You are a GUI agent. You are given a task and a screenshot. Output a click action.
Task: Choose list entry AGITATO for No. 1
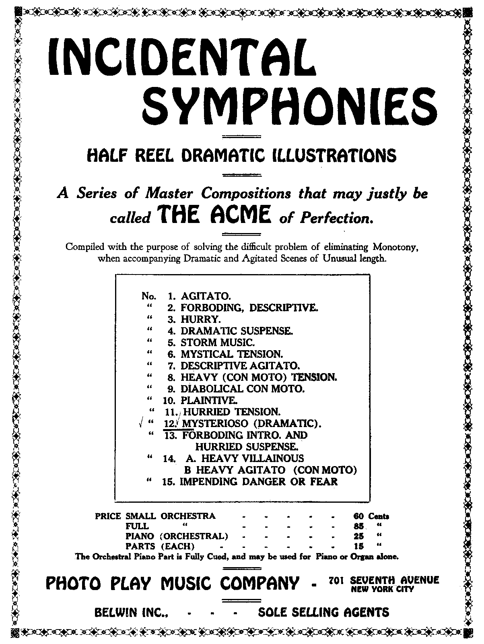[206, 296]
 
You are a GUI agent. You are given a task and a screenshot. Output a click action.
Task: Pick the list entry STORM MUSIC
[218, 343]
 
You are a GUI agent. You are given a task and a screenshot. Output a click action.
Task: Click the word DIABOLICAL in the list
[212, 389]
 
